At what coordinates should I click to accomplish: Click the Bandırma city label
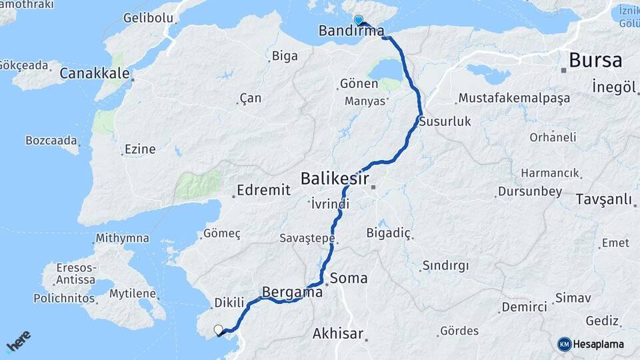coord(351,31)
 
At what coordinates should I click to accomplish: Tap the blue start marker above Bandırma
coord(358,20)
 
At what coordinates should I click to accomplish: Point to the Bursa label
coord(595,61)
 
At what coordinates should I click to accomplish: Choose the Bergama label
coord(293,292)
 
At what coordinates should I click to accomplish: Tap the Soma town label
coord(349,278)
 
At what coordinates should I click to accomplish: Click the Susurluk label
coord(445,121)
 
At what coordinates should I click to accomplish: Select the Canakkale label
coord(94,73)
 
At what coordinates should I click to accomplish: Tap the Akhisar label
coord(338,333)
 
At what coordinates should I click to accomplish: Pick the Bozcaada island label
coord(50,141)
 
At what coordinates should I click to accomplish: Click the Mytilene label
coord(133,293)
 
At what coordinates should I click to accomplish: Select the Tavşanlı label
coord(603,199)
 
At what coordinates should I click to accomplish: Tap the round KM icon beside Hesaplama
coord(565,344)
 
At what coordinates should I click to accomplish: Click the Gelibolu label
coord(147,17)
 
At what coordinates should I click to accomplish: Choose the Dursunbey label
coord(530,192)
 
